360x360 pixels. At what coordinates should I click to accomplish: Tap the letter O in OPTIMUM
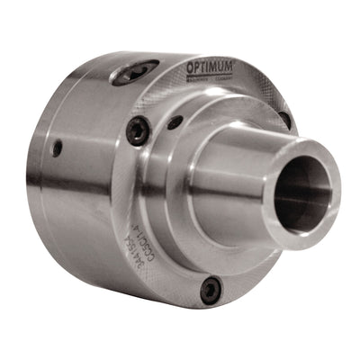click(190, 68)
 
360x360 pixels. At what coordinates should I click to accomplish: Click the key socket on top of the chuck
click(135, 72)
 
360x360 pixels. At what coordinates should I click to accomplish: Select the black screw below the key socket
click(137, 132)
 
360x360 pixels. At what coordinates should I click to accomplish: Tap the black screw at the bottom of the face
click(211, 289)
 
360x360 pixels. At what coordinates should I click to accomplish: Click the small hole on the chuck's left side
click(58, 148)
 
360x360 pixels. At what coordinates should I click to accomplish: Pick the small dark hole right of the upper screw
click(176, 120)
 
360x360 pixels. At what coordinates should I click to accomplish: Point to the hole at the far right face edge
click(284, 118)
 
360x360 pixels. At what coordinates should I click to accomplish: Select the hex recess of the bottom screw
click(211, 289)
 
